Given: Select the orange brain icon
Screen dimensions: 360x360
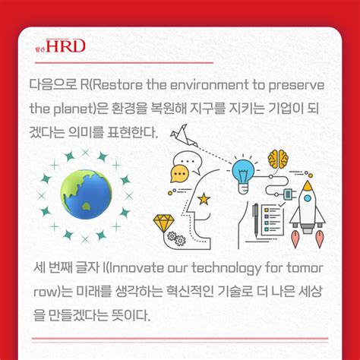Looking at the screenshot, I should pos(279,160).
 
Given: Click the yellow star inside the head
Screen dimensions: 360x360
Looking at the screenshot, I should pos(204,199).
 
